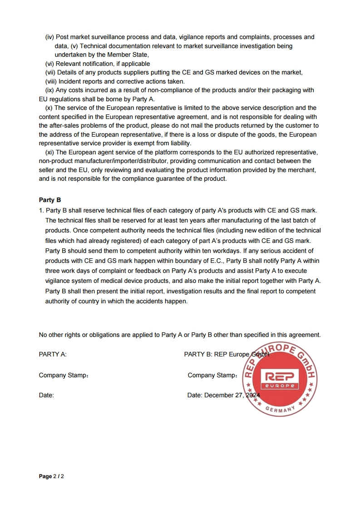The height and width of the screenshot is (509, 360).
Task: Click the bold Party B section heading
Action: [50, 200]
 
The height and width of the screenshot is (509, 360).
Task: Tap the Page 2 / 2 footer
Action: [51, 476]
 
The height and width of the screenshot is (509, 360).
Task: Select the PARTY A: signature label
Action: [53, 354]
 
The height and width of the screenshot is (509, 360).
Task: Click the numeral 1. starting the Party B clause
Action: [41, 210]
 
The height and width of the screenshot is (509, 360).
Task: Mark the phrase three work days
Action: [66, 271]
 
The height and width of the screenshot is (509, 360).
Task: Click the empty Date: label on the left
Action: [46, 395]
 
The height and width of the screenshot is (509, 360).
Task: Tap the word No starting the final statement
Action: [43, 335]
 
